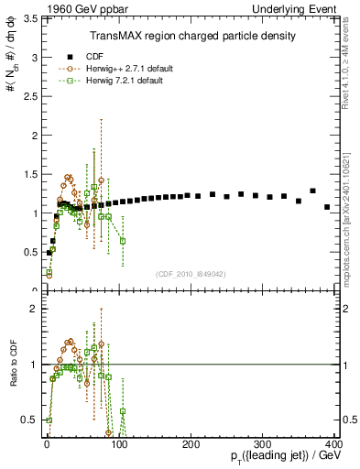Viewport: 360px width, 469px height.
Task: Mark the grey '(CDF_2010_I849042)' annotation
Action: (x=191, y=272)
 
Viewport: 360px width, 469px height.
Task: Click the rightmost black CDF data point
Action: (x=327, y=207)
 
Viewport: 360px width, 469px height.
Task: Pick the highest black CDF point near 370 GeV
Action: (x=312, y=191)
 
